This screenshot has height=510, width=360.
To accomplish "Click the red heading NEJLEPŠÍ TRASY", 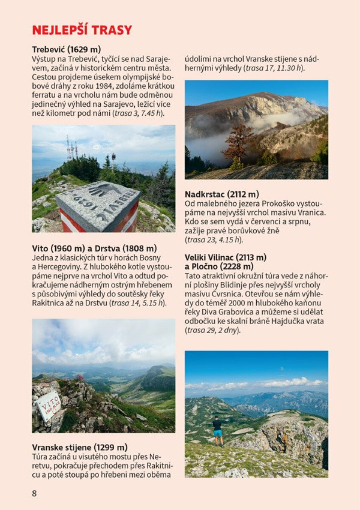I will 82,30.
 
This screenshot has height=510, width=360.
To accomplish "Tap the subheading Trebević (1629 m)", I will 66,49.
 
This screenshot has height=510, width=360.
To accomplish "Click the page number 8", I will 34,493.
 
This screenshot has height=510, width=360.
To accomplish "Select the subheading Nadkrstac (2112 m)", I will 222,194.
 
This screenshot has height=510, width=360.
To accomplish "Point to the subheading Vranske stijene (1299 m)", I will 80,448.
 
